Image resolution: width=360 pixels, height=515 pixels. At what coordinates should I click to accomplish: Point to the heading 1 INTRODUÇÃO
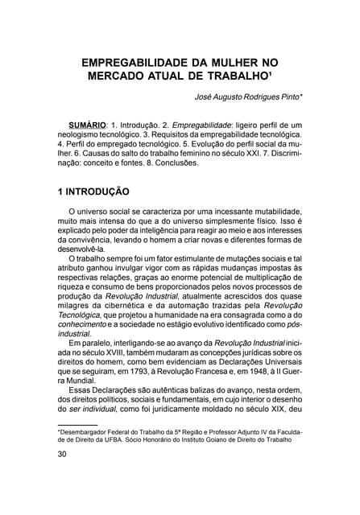coord(93,192)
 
